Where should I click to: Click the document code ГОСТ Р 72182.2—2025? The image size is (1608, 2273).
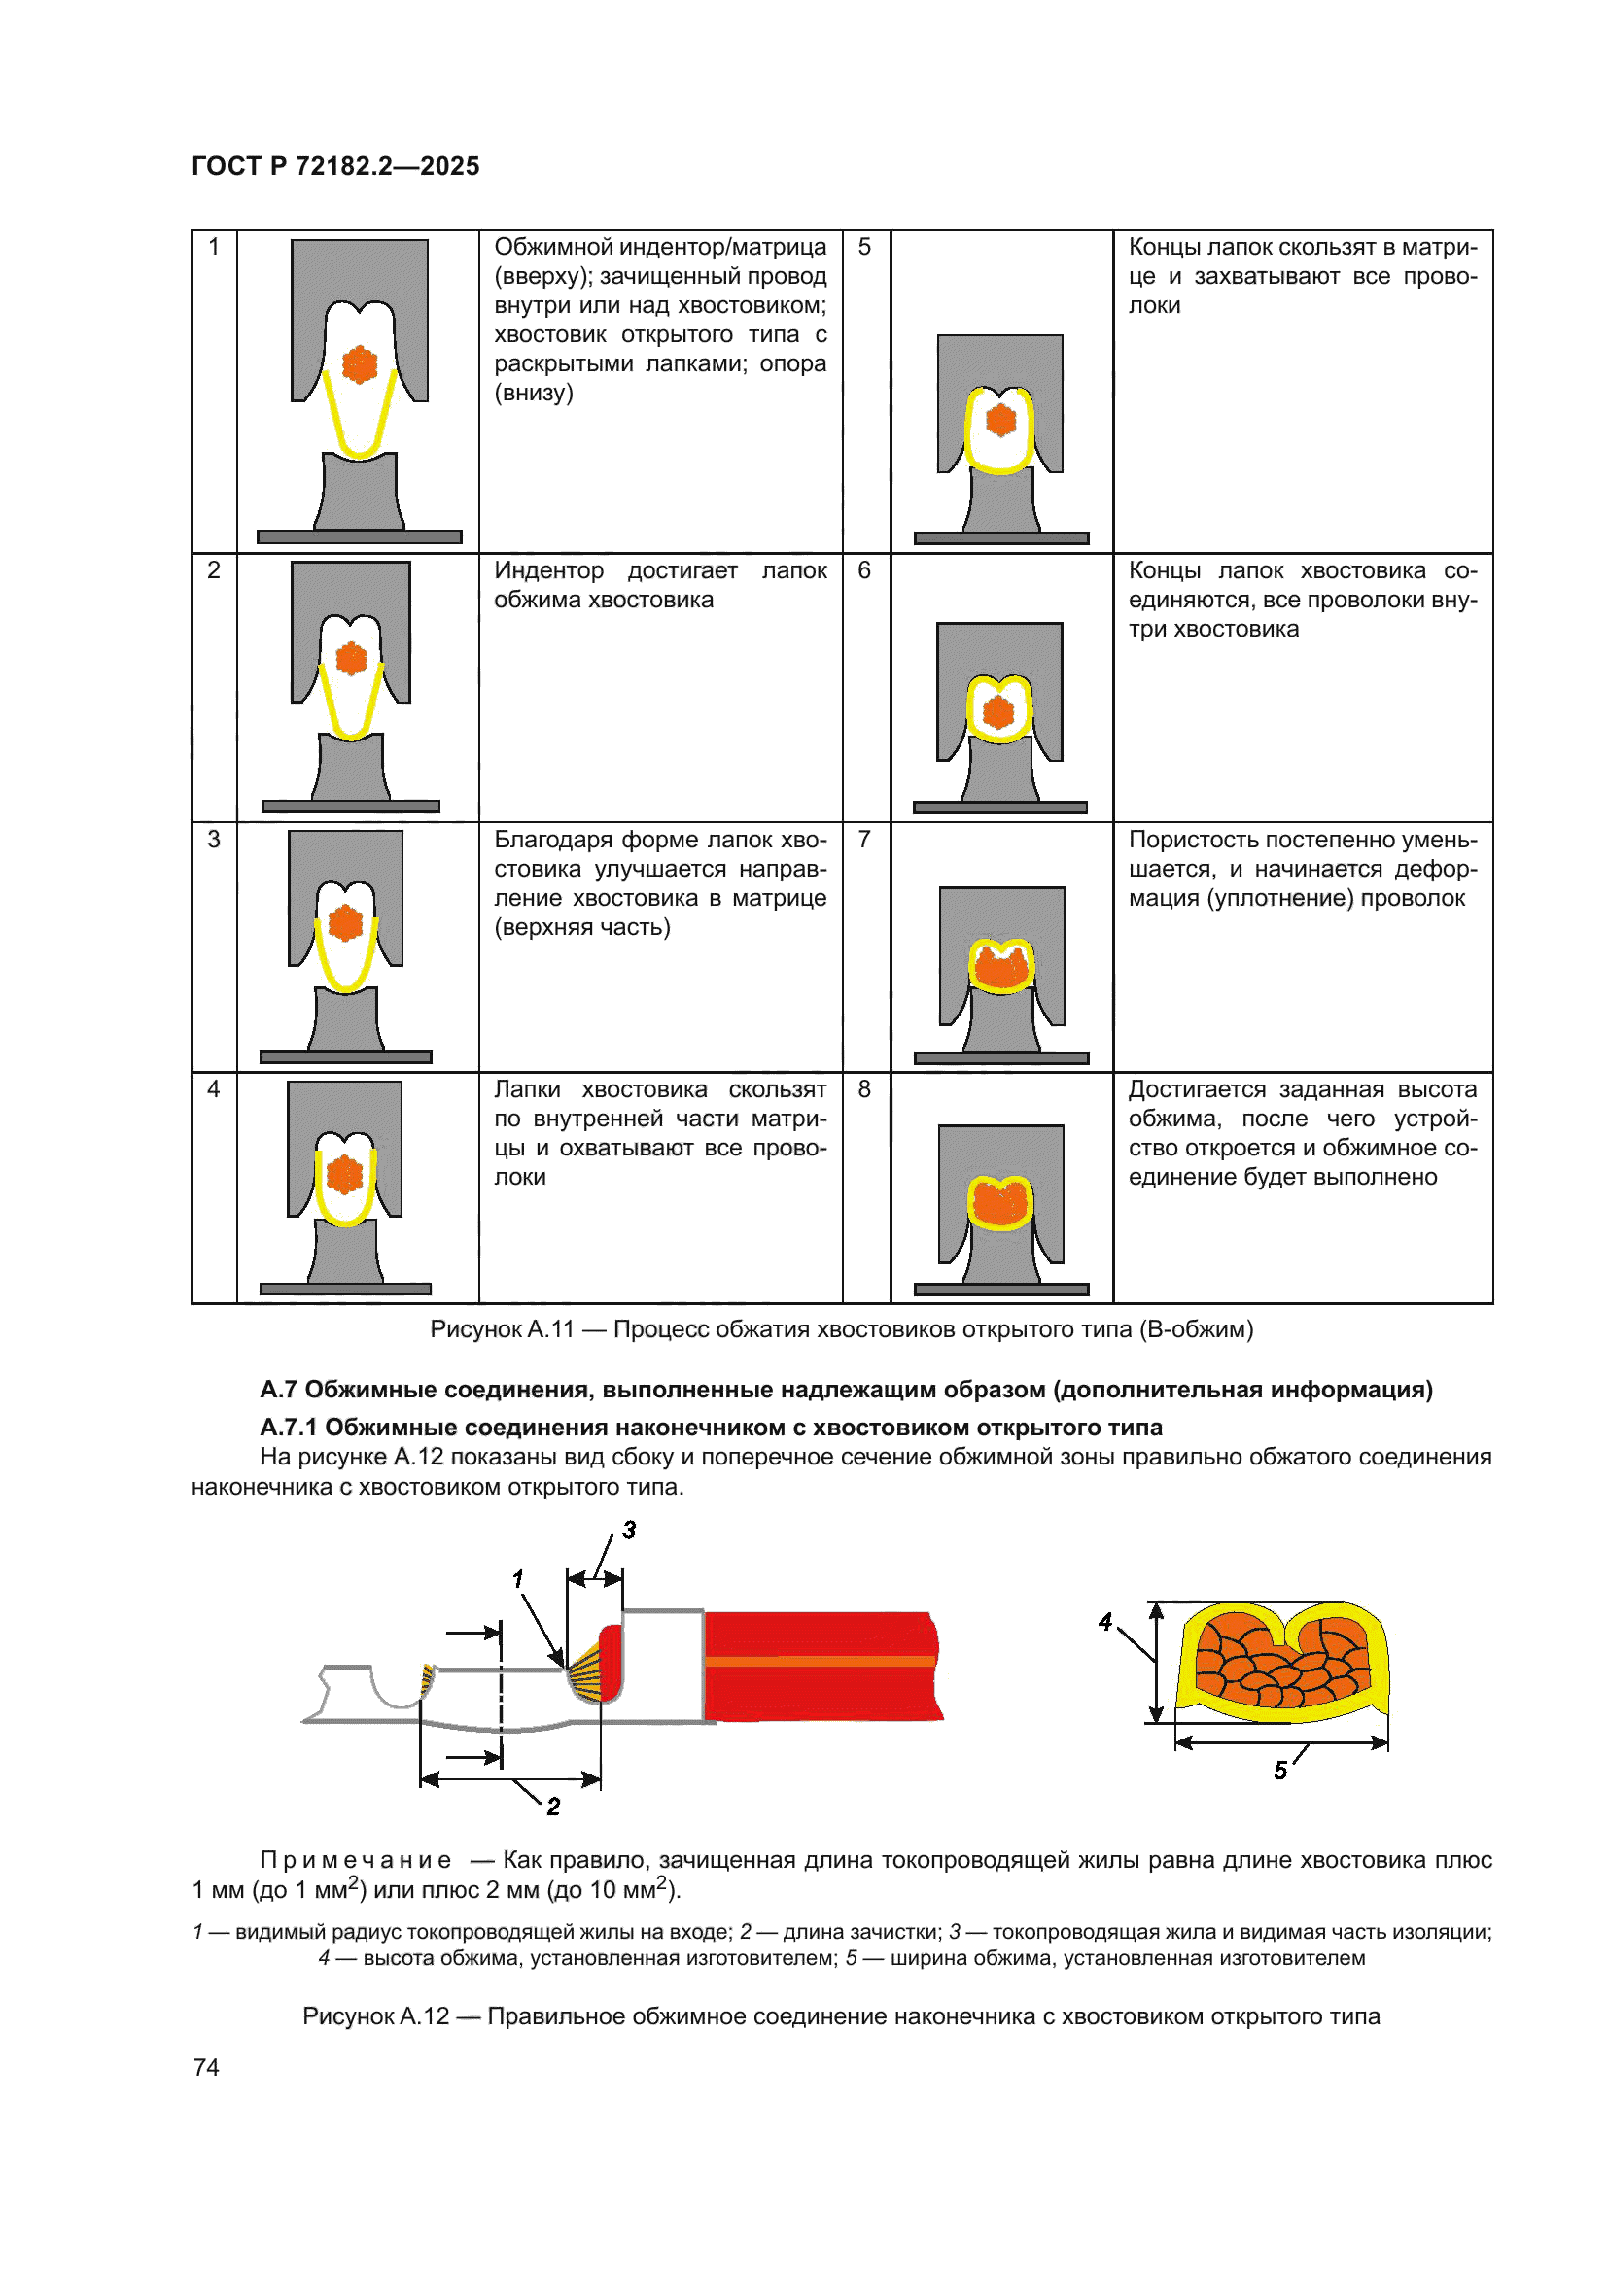[334, 166]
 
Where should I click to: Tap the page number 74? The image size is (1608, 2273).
[206, 2067]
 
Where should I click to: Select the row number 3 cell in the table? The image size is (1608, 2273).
[214, 840]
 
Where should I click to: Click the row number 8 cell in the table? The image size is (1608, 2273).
[864, 1089]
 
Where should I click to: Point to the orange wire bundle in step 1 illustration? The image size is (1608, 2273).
[360, 364]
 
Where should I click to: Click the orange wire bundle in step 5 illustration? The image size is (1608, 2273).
[1001, 420]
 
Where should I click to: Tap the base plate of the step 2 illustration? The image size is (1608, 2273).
[351, 807]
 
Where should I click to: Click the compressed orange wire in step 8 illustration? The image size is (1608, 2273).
[1000, 1202]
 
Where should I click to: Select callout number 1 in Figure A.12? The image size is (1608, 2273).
[517, 1579]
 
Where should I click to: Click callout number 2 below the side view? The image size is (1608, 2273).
[553, 1807]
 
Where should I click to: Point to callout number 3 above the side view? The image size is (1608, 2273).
[629, 1531]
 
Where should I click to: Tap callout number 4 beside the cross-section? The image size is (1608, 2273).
[1105, 1622]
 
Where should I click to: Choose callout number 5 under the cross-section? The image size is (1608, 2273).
[1280, 1770]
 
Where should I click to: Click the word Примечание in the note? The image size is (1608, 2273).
[356, 1860]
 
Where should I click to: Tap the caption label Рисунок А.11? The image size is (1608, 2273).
[502, 1329]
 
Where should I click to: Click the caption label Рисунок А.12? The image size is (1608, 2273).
[375, 2016]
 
